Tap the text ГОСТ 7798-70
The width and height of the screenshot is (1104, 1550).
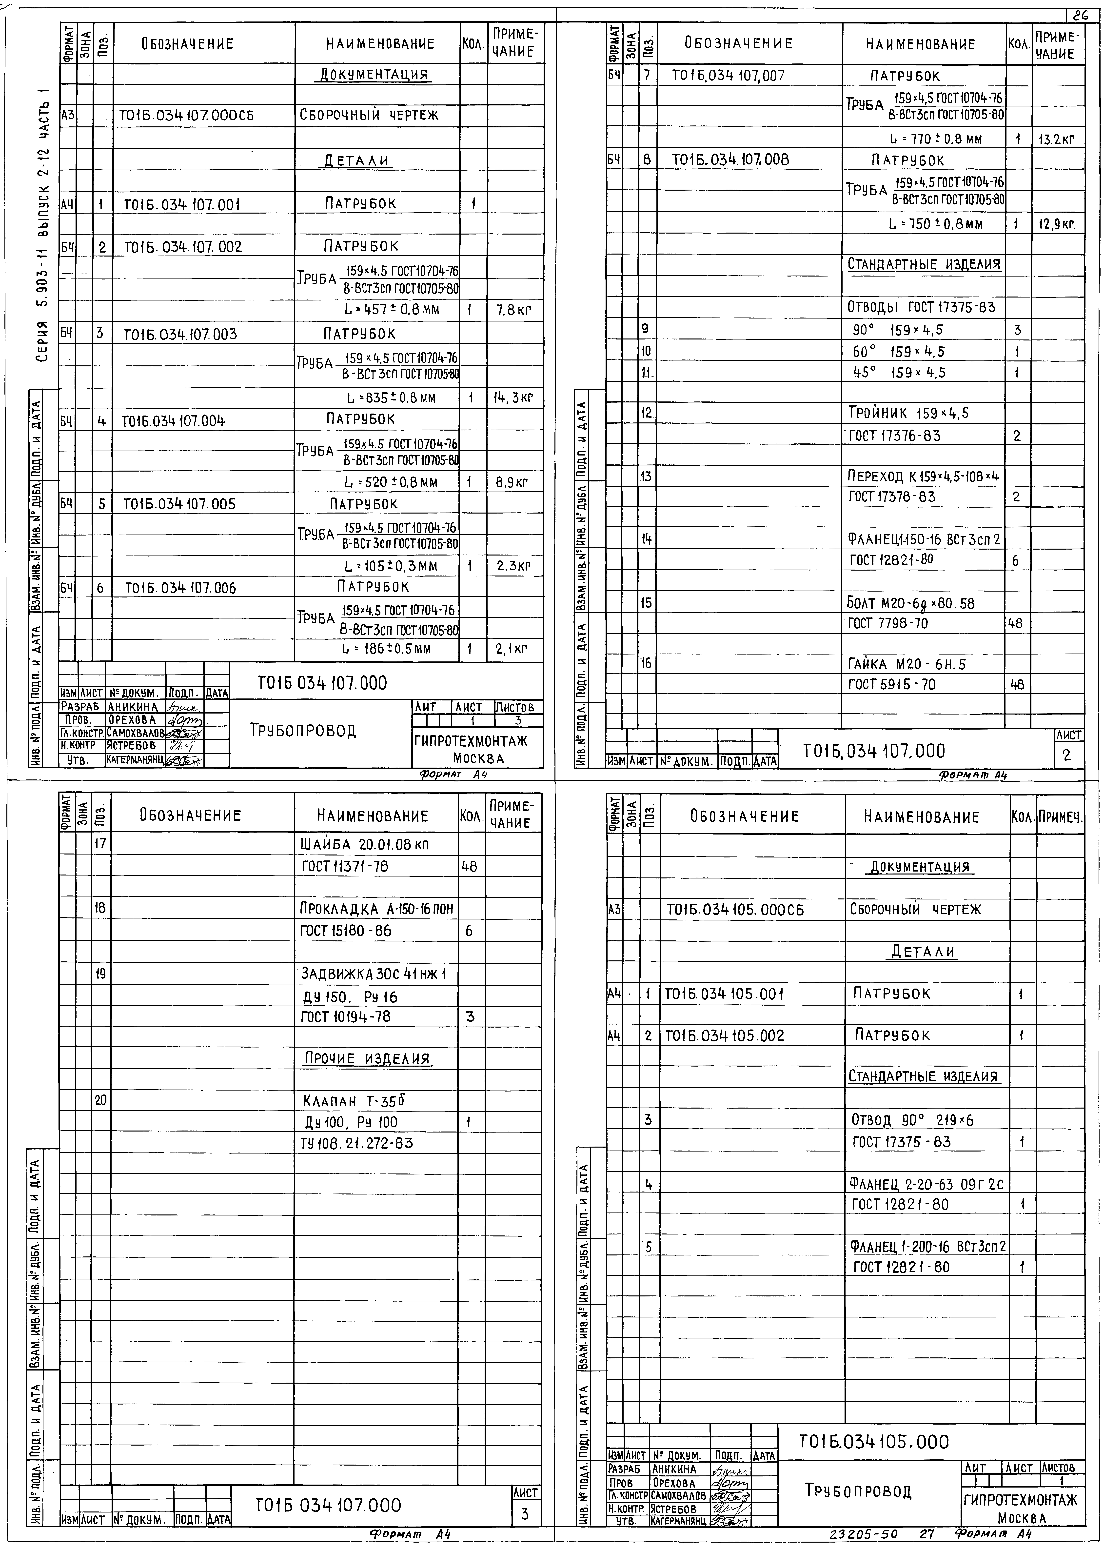tap(887, 623)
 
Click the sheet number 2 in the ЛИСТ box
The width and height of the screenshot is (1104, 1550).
tap(1067, 755)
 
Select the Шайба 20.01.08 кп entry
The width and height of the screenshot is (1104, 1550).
tap(364, 845)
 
